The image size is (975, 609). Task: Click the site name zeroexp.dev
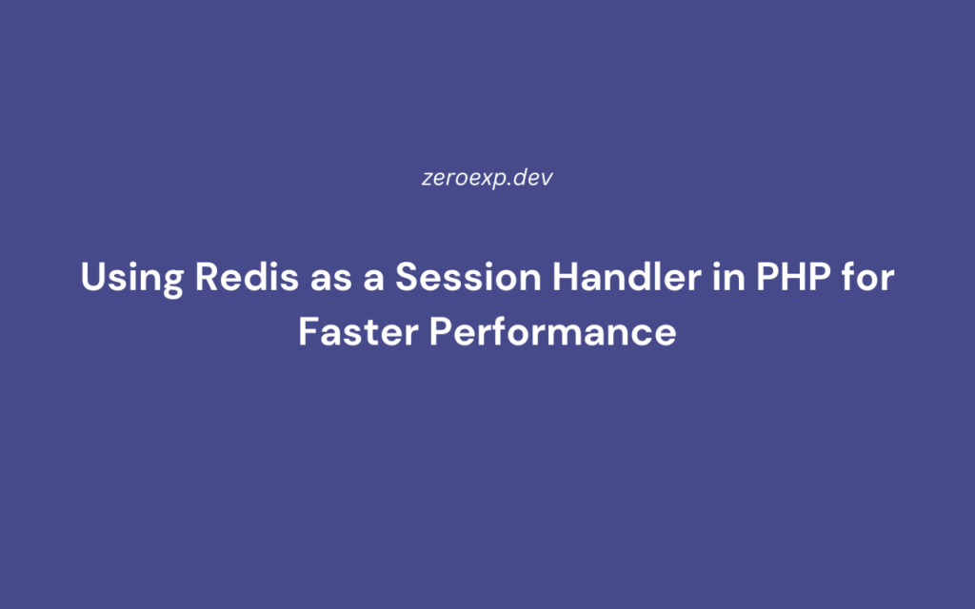coord(487,178)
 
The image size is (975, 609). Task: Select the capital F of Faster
coord(308,331)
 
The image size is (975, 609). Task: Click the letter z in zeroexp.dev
coord(427,179)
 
